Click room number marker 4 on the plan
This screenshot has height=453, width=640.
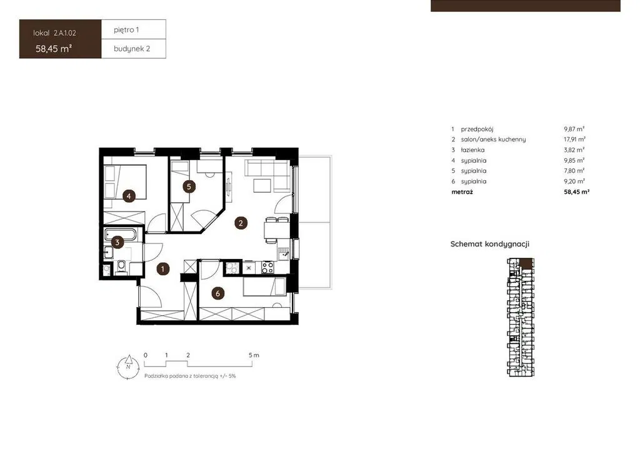point(129,196)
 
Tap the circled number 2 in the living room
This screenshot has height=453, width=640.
point(241,223)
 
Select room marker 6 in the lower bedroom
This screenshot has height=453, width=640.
point(217,293)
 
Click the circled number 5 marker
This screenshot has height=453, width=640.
point(189,186)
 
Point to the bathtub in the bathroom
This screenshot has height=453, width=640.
point(121,235)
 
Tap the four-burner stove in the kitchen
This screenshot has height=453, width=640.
point(267,268)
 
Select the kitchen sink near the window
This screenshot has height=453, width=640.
point(284,253)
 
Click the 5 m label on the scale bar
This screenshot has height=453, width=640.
point(254,355)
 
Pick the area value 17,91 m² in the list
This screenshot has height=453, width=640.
point(575,140)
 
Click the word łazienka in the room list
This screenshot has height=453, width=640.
point(472,150)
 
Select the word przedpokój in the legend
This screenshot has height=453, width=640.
point(477,129)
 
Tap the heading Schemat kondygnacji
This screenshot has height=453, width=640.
point(490,244)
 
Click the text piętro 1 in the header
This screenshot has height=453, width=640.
point(126,30)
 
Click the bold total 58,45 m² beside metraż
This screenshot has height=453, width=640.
point(577,191)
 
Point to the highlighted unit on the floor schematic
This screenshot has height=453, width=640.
point(526,263)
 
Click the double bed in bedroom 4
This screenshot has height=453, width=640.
point(125,182)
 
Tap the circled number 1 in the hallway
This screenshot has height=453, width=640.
point(163,269)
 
